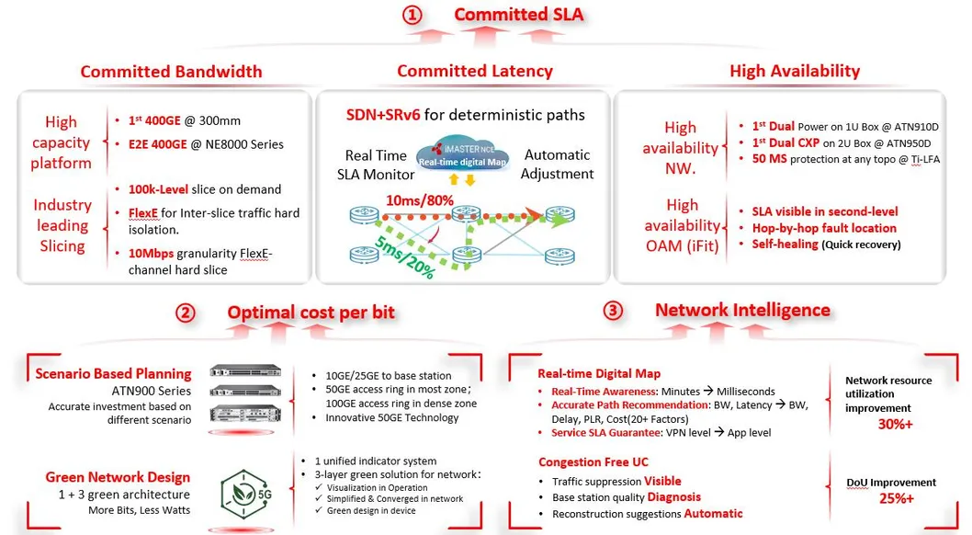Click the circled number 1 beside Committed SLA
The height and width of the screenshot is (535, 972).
[413, 15]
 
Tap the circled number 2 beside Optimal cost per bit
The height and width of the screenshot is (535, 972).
[186, 313]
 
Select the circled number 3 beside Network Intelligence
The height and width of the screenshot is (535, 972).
[613, 311]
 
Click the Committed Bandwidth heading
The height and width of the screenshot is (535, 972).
[171, 72]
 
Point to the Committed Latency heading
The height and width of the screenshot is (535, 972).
[474, 71]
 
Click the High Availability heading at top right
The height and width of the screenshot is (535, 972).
[794, 71]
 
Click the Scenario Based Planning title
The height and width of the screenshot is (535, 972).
[113, 373]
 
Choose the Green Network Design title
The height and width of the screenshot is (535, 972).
[118, 477]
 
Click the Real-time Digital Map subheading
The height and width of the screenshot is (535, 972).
[598, 373]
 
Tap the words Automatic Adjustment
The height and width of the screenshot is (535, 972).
[558, 165]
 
